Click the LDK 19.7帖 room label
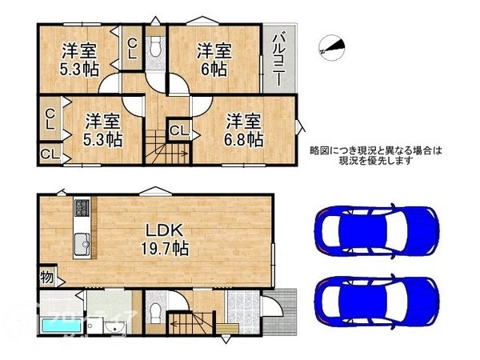pos(166,238)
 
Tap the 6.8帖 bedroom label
pos(244,130)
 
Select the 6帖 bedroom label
pos(214,59)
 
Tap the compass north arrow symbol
pos(333,47)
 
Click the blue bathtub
pos(60,326)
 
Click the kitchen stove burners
pos(83,210)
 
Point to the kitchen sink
pos(82,245)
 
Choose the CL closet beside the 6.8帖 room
pos(178,130)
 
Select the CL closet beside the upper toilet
pos(132,50)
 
